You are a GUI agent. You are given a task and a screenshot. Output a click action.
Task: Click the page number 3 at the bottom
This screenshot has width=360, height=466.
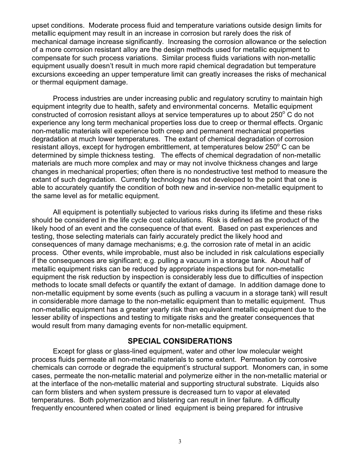[x=180, y=441]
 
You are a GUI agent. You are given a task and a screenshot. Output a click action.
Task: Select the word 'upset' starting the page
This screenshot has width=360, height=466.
[x=40, y=25]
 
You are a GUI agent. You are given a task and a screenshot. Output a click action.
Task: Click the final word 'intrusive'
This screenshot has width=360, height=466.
[x=289, y=408]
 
